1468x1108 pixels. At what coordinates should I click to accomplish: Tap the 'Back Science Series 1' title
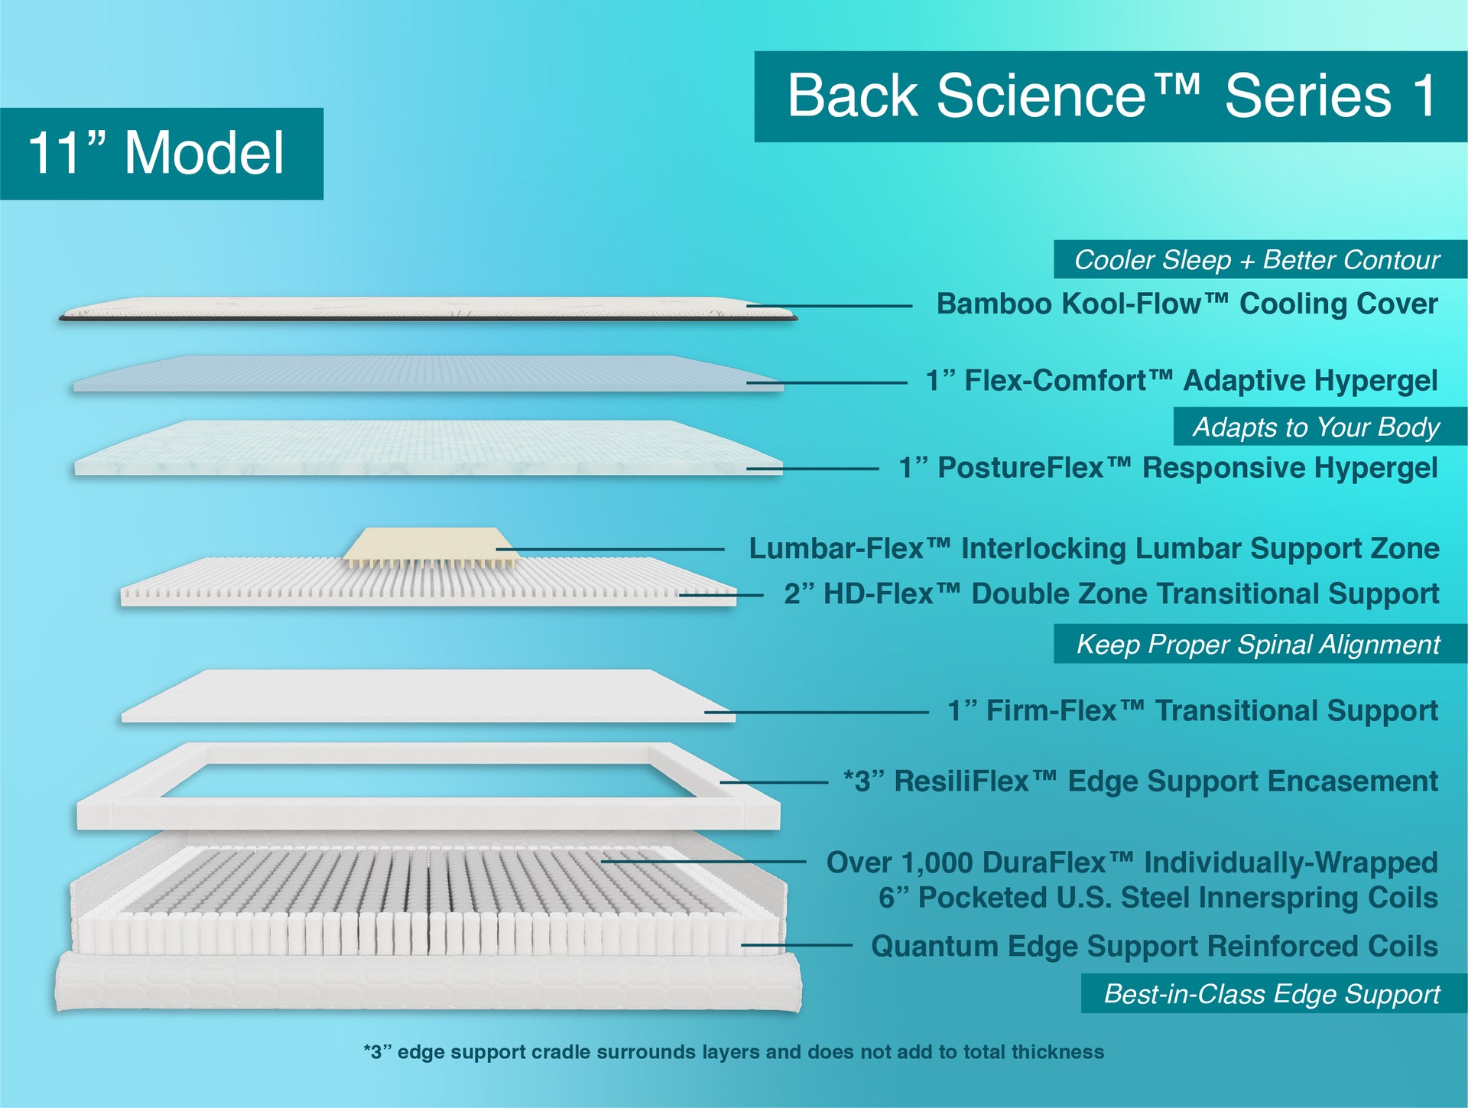tap(1110, 96)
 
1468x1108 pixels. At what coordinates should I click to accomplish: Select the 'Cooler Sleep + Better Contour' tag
tap(1258, 260)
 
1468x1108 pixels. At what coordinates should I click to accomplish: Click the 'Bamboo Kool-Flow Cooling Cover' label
tap(1187, 304)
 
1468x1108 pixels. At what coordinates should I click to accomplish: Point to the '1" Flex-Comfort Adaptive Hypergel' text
tap(1181, 381)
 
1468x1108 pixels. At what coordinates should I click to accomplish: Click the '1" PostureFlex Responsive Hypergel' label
tap(1168, 468)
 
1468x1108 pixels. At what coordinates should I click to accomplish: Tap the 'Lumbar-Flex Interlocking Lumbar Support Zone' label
tap(1093, 549)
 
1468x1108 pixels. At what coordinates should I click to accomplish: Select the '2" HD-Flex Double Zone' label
tap(1111, 594)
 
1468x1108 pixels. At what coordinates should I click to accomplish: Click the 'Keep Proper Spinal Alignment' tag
tap(1258, 645)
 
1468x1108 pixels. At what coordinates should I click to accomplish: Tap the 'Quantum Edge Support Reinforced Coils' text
tap(1155, 947)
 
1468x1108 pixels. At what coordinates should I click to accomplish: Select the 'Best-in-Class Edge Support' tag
tap(1272, 994)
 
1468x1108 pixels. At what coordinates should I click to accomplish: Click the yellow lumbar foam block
tap(428, 544)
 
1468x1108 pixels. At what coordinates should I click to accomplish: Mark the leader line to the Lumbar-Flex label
tap(612, 549)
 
